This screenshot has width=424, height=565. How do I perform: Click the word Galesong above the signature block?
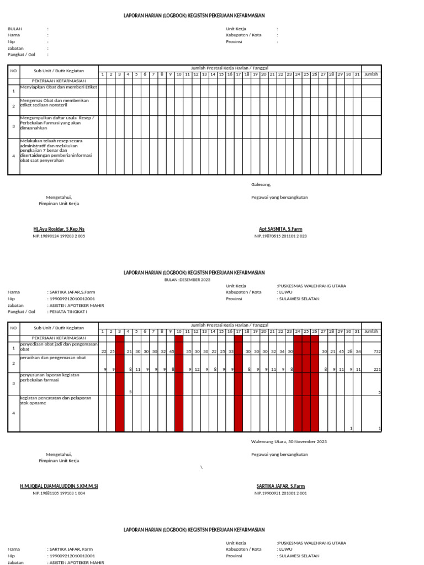(x=261, y=185)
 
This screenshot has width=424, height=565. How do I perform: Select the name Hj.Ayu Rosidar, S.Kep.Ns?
(x=59, y=229)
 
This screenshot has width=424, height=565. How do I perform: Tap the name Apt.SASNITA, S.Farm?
(x=280, y=229)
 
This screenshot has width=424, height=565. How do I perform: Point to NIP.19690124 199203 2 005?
(x=59, y=236)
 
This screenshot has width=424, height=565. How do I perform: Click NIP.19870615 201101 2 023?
(x=280, y=236)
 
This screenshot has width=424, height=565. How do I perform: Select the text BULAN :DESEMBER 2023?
(x=188, y=280)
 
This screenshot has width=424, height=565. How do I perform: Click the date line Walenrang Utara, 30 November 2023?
(x=289, y=441)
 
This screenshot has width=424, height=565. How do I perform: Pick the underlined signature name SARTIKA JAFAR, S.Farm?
(x=280, y=486)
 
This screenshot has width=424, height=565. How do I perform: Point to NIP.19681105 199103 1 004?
(x=59, y=493)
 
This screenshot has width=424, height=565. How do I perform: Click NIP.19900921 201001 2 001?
(x=280, y=493)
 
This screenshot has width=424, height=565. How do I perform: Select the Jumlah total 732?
(x=377, y=351)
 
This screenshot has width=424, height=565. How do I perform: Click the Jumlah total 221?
(x=377, y=369)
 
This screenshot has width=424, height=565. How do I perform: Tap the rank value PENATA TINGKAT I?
(x=68, y=312)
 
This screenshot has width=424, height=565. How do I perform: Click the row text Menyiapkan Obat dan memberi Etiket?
(x=59, y=87)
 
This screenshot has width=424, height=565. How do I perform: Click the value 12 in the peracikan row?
(x=197, y=369)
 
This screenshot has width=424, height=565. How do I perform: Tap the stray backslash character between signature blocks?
(x=202, y=467)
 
